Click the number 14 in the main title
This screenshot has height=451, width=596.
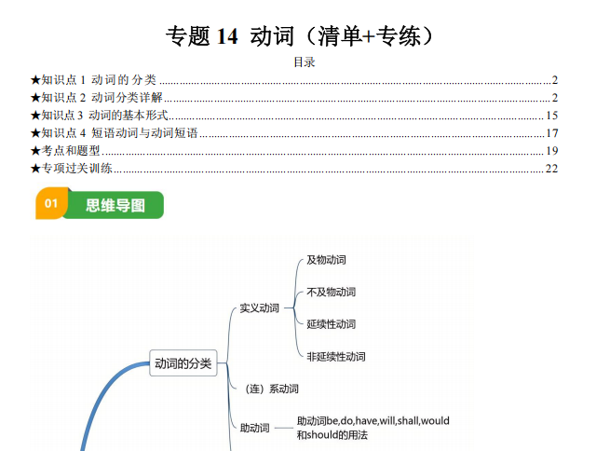point(227,36)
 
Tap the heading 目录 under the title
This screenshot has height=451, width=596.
point(305,62)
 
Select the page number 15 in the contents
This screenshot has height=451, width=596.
point(552,116)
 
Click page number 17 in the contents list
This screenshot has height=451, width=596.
point(552,133)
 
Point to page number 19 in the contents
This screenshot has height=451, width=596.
point(552,151)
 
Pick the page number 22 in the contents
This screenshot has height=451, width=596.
point(552,168)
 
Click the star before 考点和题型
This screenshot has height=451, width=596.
point(35,151)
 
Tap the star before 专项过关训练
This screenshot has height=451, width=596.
point(35,169)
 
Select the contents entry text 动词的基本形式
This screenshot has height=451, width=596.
point(129,116)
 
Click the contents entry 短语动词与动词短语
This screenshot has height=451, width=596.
point(145,132)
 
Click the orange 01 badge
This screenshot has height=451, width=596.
point(51,203)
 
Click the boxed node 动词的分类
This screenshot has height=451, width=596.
point(183,363)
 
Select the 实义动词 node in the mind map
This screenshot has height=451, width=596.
point(260,308)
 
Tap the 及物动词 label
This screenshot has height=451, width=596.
point(327,260)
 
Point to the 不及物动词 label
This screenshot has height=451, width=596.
point(332,292)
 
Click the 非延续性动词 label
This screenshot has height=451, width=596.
point(336,357)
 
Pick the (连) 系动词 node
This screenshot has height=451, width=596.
point(272,389)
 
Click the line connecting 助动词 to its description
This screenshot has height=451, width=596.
point(283,429)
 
